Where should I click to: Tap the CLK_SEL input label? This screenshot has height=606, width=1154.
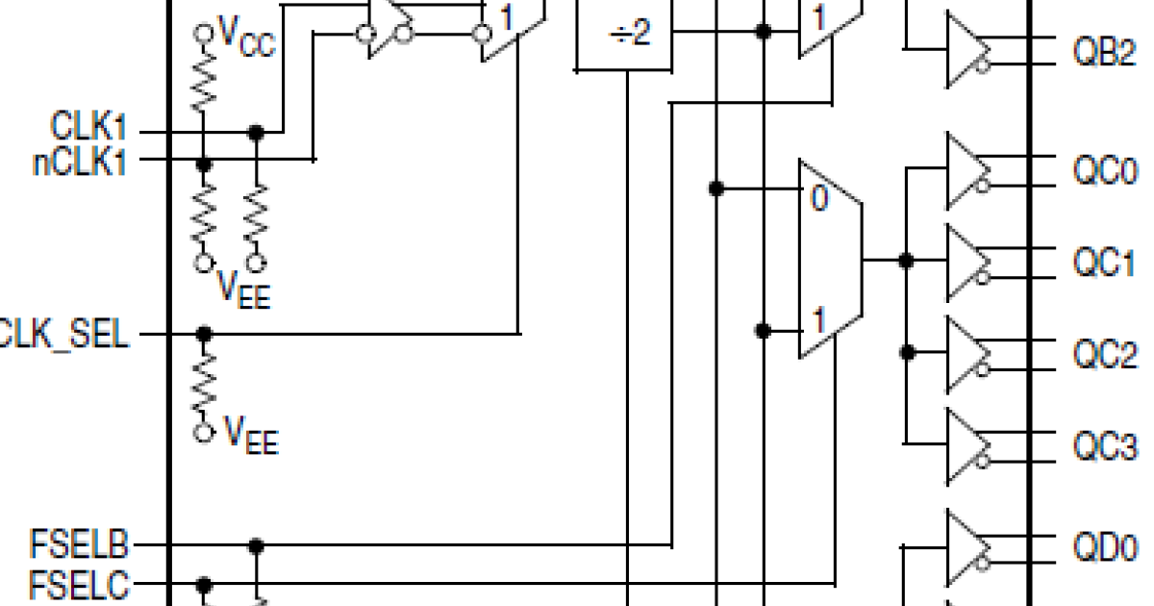(63, 335)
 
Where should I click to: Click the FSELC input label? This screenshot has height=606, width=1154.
(83, 583)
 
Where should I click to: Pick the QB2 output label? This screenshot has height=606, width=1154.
(1104, 52)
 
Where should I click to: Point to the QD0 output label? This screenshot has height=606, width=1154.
(1104, 548)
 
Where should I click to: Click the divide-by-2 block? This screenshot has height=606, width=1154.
(624, 36)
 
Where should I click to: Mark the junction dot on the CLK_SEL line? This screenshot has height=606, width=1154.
(203, 334)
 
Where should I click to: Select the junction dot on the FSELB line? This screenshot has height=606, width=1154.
(256, 546)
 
